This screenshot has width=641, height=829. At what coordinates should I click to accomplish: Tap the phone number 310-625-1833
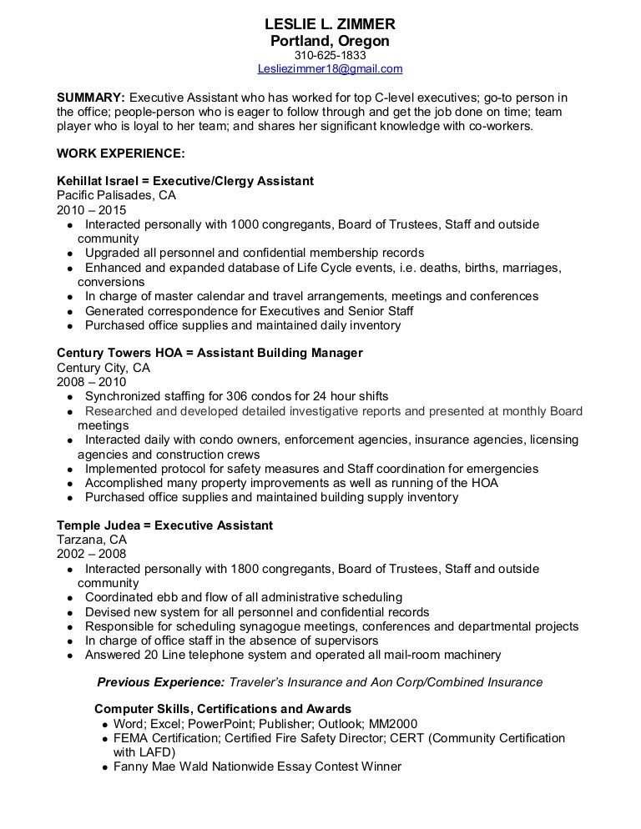330,55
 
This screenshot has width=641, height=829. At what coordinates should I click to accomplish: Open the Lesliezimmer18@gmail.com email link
331,69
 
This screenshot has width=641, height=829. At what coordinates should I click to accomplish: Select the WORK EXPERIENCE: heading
121,153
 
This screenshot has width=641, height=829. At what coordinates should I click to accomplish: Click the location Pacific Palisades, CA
116,195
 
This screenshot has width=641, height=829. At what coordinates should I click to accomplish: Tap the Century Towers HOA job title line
209,353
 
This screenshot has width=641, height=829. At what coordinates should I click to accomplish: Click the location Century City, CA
103,367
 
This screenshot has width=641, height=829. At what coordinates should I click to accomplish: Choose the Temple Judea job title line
164,525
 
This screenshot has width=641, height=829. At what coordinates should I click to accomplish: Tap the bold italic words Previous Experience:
161,682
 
